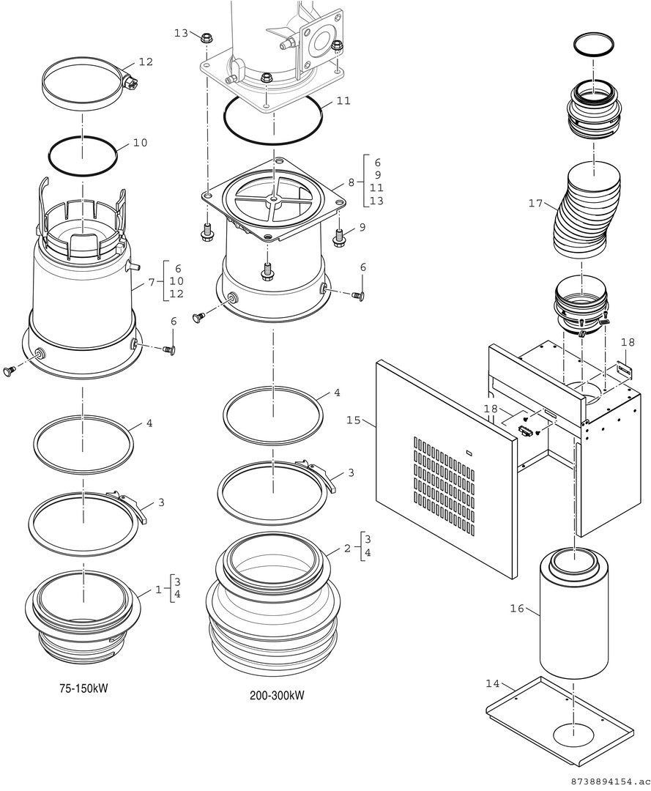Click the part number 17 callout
(535, 203)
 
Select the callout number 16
(517, 609)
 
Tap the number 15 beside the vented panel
(354, 420)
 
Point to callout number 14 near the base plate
(492, 683)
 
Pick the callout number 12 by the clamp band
(146, 62)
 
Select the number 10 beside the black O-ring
(140, 143)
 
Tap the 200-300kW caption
(277, 695)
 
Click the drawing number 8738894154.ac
(607, 782)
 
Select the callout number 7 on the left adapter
(152, 281)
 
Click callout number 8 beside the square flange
(351, 182)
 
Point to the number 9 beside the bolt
(362, 227)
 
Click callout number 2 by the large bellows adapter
(348, 546)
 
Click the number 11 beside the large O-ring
(343, 101)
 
